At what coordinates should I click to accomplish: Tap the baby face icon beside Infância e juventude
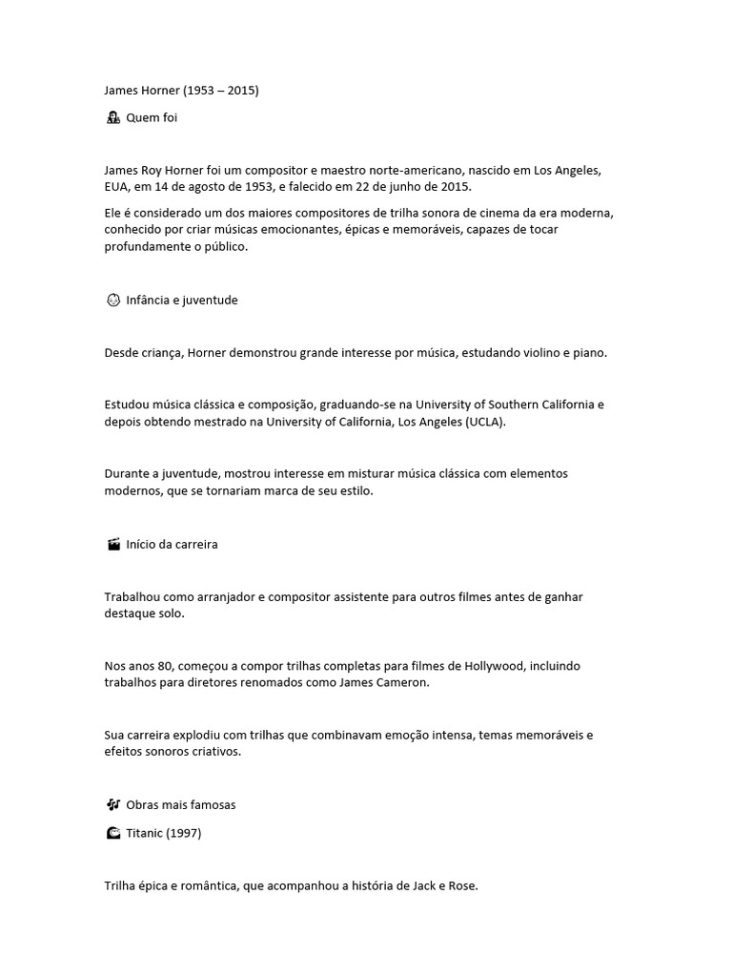click(112, 300)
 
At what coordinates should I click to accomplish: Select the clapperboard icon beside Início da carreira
click(112, 545)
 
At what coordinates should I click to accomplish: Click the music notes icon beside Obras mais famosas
click(112, 804)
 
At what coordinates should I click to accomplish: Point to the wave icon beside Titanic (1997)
click(112, 833)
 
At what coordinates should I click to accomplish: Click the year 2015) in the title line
click(243, 91)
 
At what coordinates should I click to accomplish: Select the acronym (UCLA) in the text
click(486, 421)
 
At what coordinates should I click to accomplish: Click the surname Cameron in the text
click(404, 683)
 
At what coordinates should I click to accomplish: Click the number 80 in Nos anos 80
click(159, 666)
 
